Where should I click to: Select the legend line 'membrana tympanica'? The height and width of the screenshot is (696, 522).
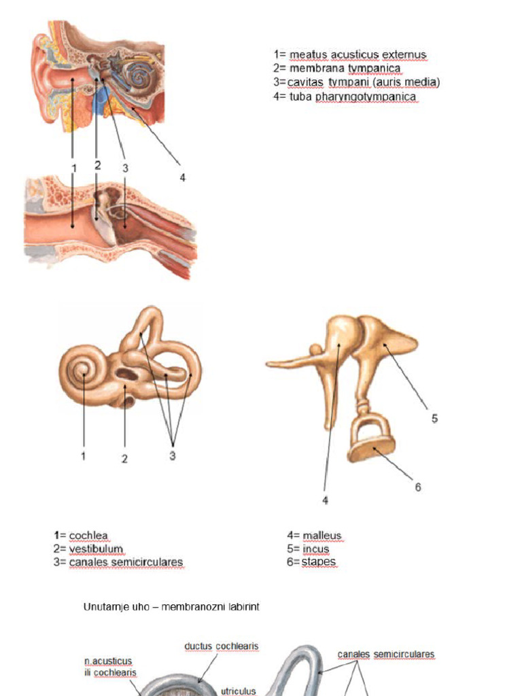click(x=337, y=69)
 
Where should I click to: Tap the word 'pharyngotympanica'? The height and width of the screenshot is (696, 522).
click(x=366, y=97)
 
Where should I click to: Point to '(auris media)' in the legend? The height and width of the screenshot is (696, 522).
click(x=408, y=82)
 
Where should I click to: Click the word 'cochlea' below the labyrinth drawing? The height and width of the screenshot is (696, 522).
click(x=88, y=536)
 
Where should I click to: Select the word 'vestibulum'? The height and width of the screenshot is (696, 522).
click(x=96, y=549)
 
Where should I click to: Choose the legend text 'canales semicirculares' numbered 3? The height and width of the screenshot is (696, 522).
click(x=126, y=562)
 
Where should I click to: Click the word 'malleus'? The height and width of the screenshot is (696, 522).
click(x=321, y=536)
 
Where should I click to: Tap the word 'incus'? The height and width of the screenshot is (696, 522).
click(x=315, y=549)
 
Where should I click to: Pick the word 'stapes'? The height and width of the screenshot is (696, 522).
click(x=319, y=562)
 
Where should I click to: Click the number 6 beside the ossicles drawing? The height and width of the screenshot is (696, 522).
click(x=418, y=487)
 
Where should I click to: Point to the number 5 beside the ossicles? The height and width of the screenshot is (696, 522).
click(x=434, y=418)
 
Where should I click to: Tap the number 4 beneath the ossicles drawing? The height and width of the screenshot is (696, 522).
click(x=326, y=500)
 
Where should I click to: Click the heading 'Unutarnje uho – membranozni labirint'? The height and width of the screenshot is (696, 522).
click(x=171, y=606)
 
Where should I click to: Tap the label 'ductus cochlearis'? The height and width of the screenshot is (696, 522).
click(x=222, y=646)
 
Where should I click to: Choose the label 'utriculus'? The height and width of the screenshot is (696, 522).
click(x=239, y=691)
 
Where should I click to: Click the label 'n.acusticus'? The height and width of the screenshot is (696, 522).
click(x=108, y=661)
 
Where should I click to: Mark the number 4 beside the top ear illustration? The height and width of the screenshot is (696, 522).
click(x=182, y=177)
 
